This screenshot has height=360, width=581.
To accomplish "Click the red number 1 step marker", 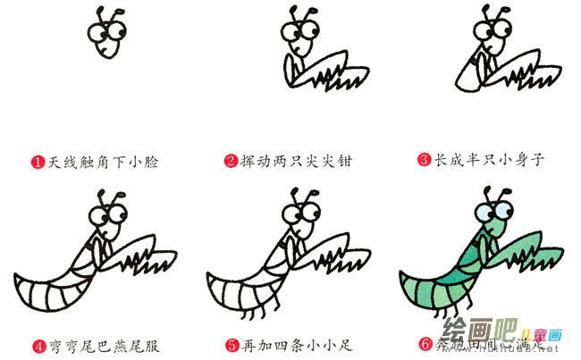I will click(37, 162).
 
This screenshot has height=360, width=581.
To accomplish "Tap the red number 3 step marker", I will click(424, 162).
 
